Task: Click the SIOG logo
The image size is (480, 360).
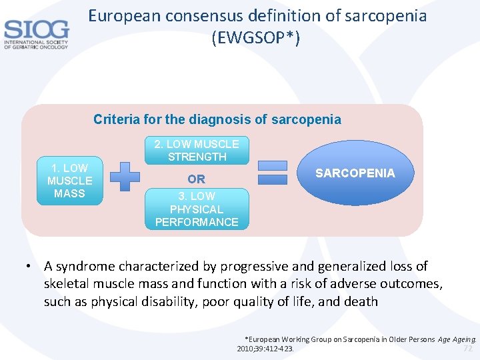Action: point(36,33)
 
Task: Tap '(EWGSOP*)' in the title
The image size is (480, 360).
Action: point(255,39)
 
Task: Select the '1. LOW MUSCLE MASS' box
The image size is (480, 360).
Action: point(69,180)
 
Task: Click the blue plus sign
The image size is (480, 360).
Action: point(125,177)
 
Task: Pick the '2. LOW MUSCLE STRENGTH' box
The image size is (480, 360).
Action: point(197,151)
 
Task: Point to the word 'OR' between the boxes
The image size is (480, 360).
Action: point(197,179)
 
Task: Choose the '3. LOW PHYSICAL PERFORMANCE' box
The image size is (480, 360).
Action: point(197,209)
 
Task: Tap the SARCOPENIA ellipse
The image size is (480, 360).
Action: point(355,173)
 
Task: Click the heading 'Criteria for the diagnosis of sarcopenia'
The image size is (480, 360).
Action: point(217,120)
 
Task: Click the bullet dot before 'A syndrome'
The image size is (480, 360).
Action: point(30,267)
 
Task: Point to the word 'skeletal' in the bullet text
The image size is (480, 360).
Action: point(67,284)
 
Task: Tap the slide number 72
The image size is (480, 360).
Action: point(467,348)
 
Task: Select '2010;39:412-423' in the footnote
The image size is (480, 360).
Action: point(265,349)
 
